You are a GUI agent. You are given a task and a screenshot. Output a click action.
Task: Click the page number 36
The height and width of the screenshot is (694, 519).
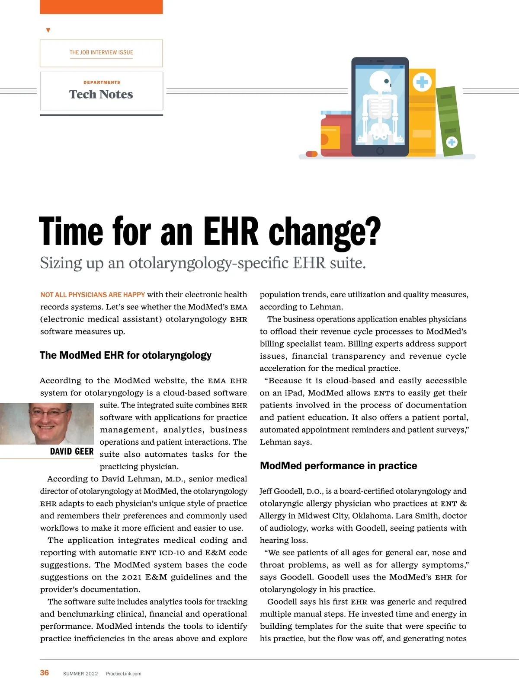(45, 672)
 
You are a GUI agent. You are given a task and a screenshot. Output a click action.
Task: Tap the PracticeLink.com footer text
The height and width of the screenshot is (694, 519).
(123, 674)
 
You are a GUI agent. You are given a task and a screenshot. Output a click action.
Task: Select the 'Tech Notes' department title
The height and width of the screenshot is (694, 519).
(101, 94)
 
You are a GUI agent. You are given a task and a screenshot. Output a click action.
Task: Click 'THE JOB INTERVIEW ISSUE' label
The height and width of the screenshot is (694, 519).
(101, 52)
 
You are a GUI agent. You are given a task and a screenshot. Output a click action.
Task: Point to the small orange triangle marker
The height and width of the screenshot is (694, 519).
(48, 30)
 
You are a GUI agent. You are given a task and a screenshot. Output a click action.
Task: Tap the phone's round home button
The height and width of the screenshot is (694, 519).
(380, 151)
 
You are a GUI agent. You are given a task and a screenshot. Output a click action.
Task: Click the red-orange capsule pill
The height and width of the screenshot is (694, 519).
(311, 154)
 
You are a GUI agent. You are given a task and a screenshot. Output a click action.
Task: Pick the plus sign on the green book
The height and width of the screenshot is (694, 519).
(452, 142)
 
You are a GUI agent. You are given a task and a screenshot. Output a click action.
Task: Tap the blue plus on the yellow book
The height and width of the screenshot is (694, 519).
(422, 82)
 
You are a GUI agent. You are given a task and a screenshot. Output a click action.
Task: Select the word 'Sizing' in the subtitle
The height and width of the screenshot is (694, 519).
(61, 263)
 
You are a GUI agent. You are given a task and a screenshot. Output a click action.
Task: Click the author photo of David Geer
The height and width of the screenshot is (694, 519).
(47, 423)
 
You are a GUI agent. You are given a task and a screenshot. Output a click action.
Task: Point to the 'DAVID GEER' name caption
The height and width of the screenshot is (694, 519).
(72, 452)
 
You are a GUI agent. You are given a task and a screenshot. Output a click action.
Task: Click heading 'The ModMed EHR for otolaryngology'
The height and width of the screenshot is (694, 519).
(125, 355)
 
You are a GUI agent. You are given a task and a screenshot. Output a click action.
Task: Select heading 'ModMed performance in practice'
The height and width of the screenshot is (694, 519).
(338, 466)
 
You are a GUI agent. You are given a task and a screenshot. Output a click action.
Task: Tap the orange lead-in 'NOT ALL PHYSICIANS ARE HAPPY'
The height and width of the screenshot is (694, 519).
(93, 295)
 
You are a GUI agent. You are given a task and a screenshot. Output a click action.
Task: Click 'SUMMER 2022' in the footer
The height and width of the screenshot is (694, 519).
(80, 674)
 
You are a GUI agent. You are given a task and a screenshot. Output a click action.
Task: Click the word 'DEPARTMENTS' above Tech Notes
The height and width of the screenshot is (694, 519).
(102, 82)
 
